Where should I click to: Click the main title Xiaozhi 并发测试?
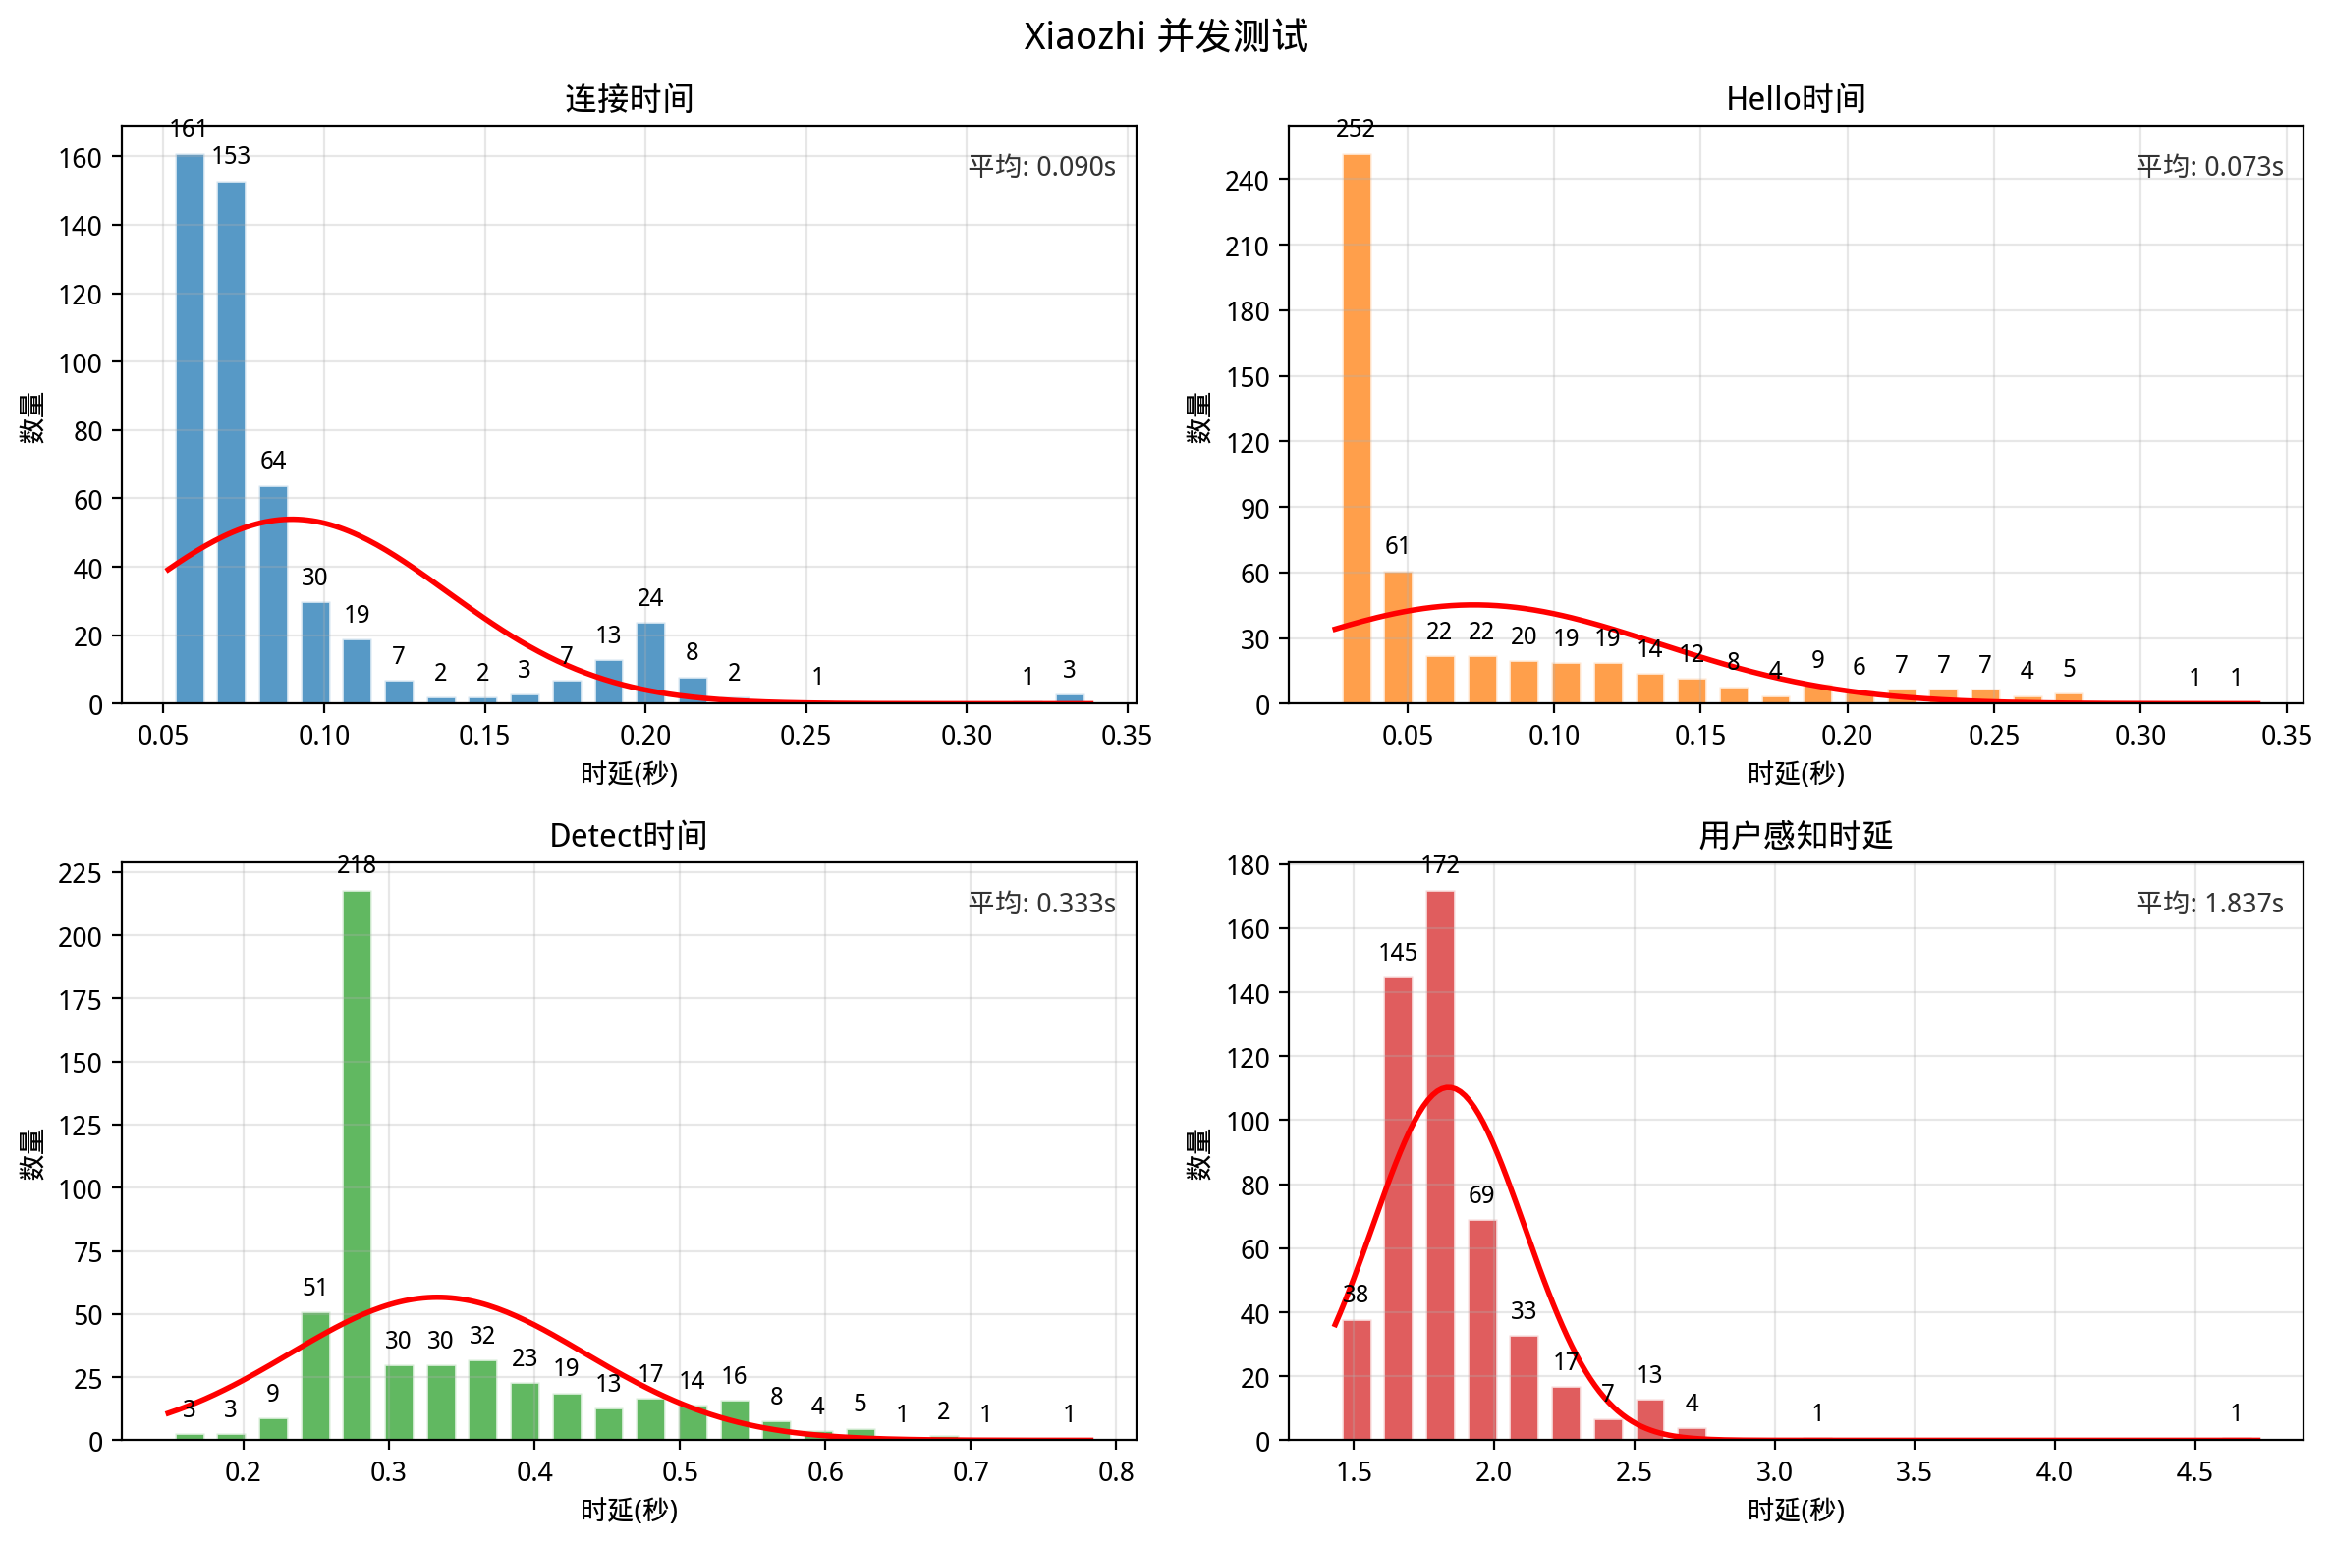(1165, 36)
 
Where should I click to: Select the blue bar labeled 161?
(190, 428)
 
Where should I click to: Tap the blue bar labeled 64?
(273, 594)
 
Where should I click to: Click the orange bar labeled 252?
(1356, 428)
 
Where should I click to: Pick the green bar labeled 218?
(357, 1165)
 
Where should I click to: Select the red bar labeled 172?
(1439, 1165)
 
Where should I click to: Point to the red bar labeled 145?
(1397, 1208)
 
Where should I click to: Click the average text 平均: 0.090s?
(1040, 167)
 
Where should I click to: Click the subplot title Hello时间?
(1795, 98)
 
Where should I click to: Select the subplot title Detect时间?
(629, 836)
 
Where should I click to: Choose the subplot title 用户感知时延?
(1795, 836)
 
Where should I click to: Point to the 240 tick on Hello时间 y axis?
(1246, 181)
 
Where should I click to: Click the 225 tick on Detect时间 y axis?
(80, 874)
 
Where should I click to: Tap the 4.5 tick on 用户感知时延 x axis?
(2193, 1472)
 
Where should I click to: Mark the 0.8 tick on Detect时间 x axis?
(1115, 1472)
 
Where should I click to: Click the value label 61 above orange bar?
(1396, 546)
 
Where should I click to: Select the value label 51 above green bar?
(314, 1287)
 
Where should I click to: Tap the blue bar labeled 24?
(650, 663)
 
